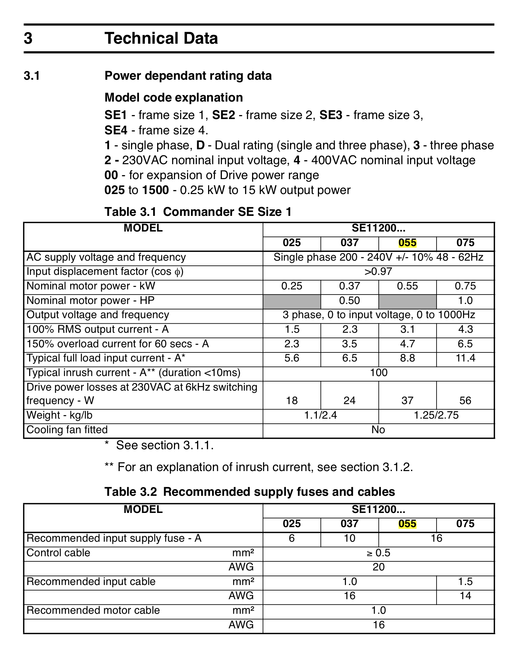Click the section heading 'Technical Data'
pyautogui.click(x=161, y=39)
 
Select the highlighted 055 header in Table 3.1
pyautogui.click(x=407, y=243)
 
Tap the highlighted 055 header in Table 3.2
pyautogui.click(x=407, y=524)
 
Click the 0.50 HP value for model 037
pyautogui.click(x=349, y=301)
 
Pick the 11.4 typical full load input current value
pyautogui.click(x=465, y=358)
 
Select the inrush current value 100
pyautogui.click(x=378, y=373)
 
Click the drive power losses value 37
pyautogui.click(x=407, y=401)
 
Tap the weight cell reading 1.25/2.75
pyautogui.click(x=436, y=415)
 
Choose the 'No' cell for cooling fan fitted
pyautogui.click(x=378, y=430)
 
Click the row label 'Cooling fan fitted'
pyautogui.click(x=67, y=430)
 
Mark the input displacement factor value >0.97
pyautogui.click(x=378, y=272)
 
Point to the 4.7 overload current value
pyautogui.click(x=407, y=344)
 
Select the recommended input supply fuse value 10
pyautogui.click(x=349, y=538)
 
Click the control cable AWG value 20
pyautogui.click(x=378, y=567)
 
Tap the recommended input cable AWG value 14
pyautogui.click(x=465, y=596)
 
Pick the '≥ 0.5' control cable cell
pyautogui.click(x=378, y=553)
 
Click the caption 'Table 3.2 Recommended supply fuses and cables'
pyautogui.click(x=250, y=492)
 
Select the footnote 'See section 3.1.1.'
pyautogui.click(x=164, y=446)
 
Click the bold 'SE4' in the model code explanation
pyautogui.click(x=116, y=130)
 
